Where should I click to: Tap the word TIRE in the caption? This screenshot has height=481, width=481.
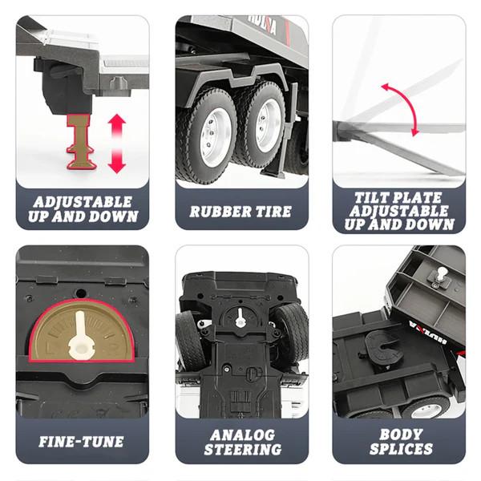[x=272, y=212]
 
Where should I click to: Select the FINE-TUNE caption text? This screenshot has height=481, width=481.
[x=81, y=442]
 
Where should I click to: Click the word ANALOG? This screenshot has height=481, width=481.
[x=242, y=435]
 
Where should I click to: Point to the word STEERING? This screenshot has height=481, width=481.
[x=243, y=450]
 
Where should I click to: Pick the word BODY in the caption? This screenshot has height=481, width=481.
[x=401, y=435]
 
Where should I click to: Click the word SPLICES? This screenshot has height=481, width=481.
[x=401, y=449]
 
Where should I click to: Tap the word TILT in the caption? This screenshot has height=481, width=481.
[x=372, y=198]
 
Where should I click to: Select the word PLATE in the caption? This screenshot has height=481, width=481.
[x=418, y=198]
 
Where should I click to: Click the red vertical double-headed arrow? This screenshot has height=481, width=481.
[x=117, y=143]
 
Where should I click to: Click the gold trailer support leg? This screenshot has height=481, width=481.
[x=81, y=142]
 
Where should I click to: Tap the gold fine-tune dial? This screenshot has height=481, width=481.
[x=82, y=330]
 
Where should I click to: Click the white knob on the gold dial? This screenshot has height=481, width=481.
[x=80, y=337]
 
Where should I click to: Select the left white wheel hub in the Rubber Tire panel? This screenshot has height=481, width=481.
[x=212, y=138]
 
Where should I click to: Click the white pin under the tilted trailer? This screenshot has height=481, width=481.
[x=442, y=274]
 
